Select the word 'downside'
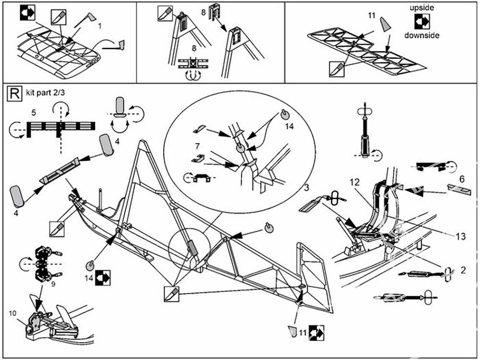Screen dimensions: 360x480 click(x=421, y=36)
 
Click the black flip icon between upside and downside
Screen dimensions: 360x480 click(x=422, y=22)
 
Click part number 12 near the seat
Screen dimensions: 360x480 click(x=354, y=182)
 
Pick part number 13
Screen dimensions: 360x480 click(x=460, y=236)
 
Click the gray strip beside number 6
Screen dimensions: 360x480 click(x=458, y=189)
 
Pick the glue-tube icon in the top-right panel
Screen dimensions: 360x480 click(x=337, y=68)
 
